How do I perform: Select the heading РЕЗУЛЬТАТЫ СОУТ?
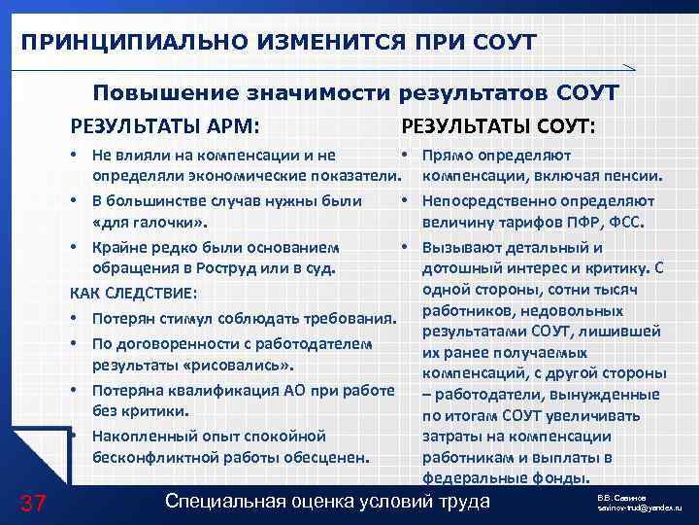[x=499, y=126]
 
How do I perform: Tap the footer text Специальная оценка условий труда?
[x=328, y=502]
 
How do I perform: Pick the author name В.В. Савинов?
[x=626, y=497]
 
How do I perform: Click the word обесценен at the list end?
[x=329, y=457]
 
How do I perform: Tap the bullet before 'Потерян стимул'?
[x=76, y=319]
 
